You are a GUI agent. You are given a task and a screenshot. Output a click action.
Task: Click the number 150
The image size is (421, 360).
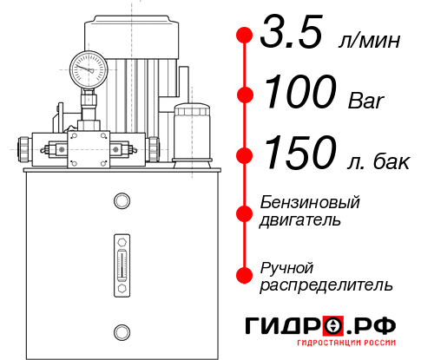(298, 154)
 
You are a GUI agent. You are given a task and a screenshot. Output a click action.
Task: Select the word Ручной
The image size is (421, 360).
(286, 266)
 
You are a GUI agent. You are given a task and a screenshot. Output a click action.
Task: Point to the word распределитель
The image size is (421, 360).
(326, 285)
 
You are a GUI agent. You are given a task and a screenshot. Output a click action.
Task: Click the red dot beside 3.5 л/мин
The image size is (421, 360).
(245, 36)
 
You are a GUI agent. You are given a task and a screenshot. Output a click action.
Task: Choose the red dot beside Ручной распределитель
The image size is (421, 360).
(245, 275)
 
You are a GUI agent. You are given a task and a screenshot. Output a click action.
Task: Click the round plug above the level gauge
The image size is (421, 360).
(121, 201)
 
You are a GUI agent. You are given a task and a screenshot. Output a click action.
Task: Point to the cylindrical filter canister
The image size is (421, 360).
(191, 133)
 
